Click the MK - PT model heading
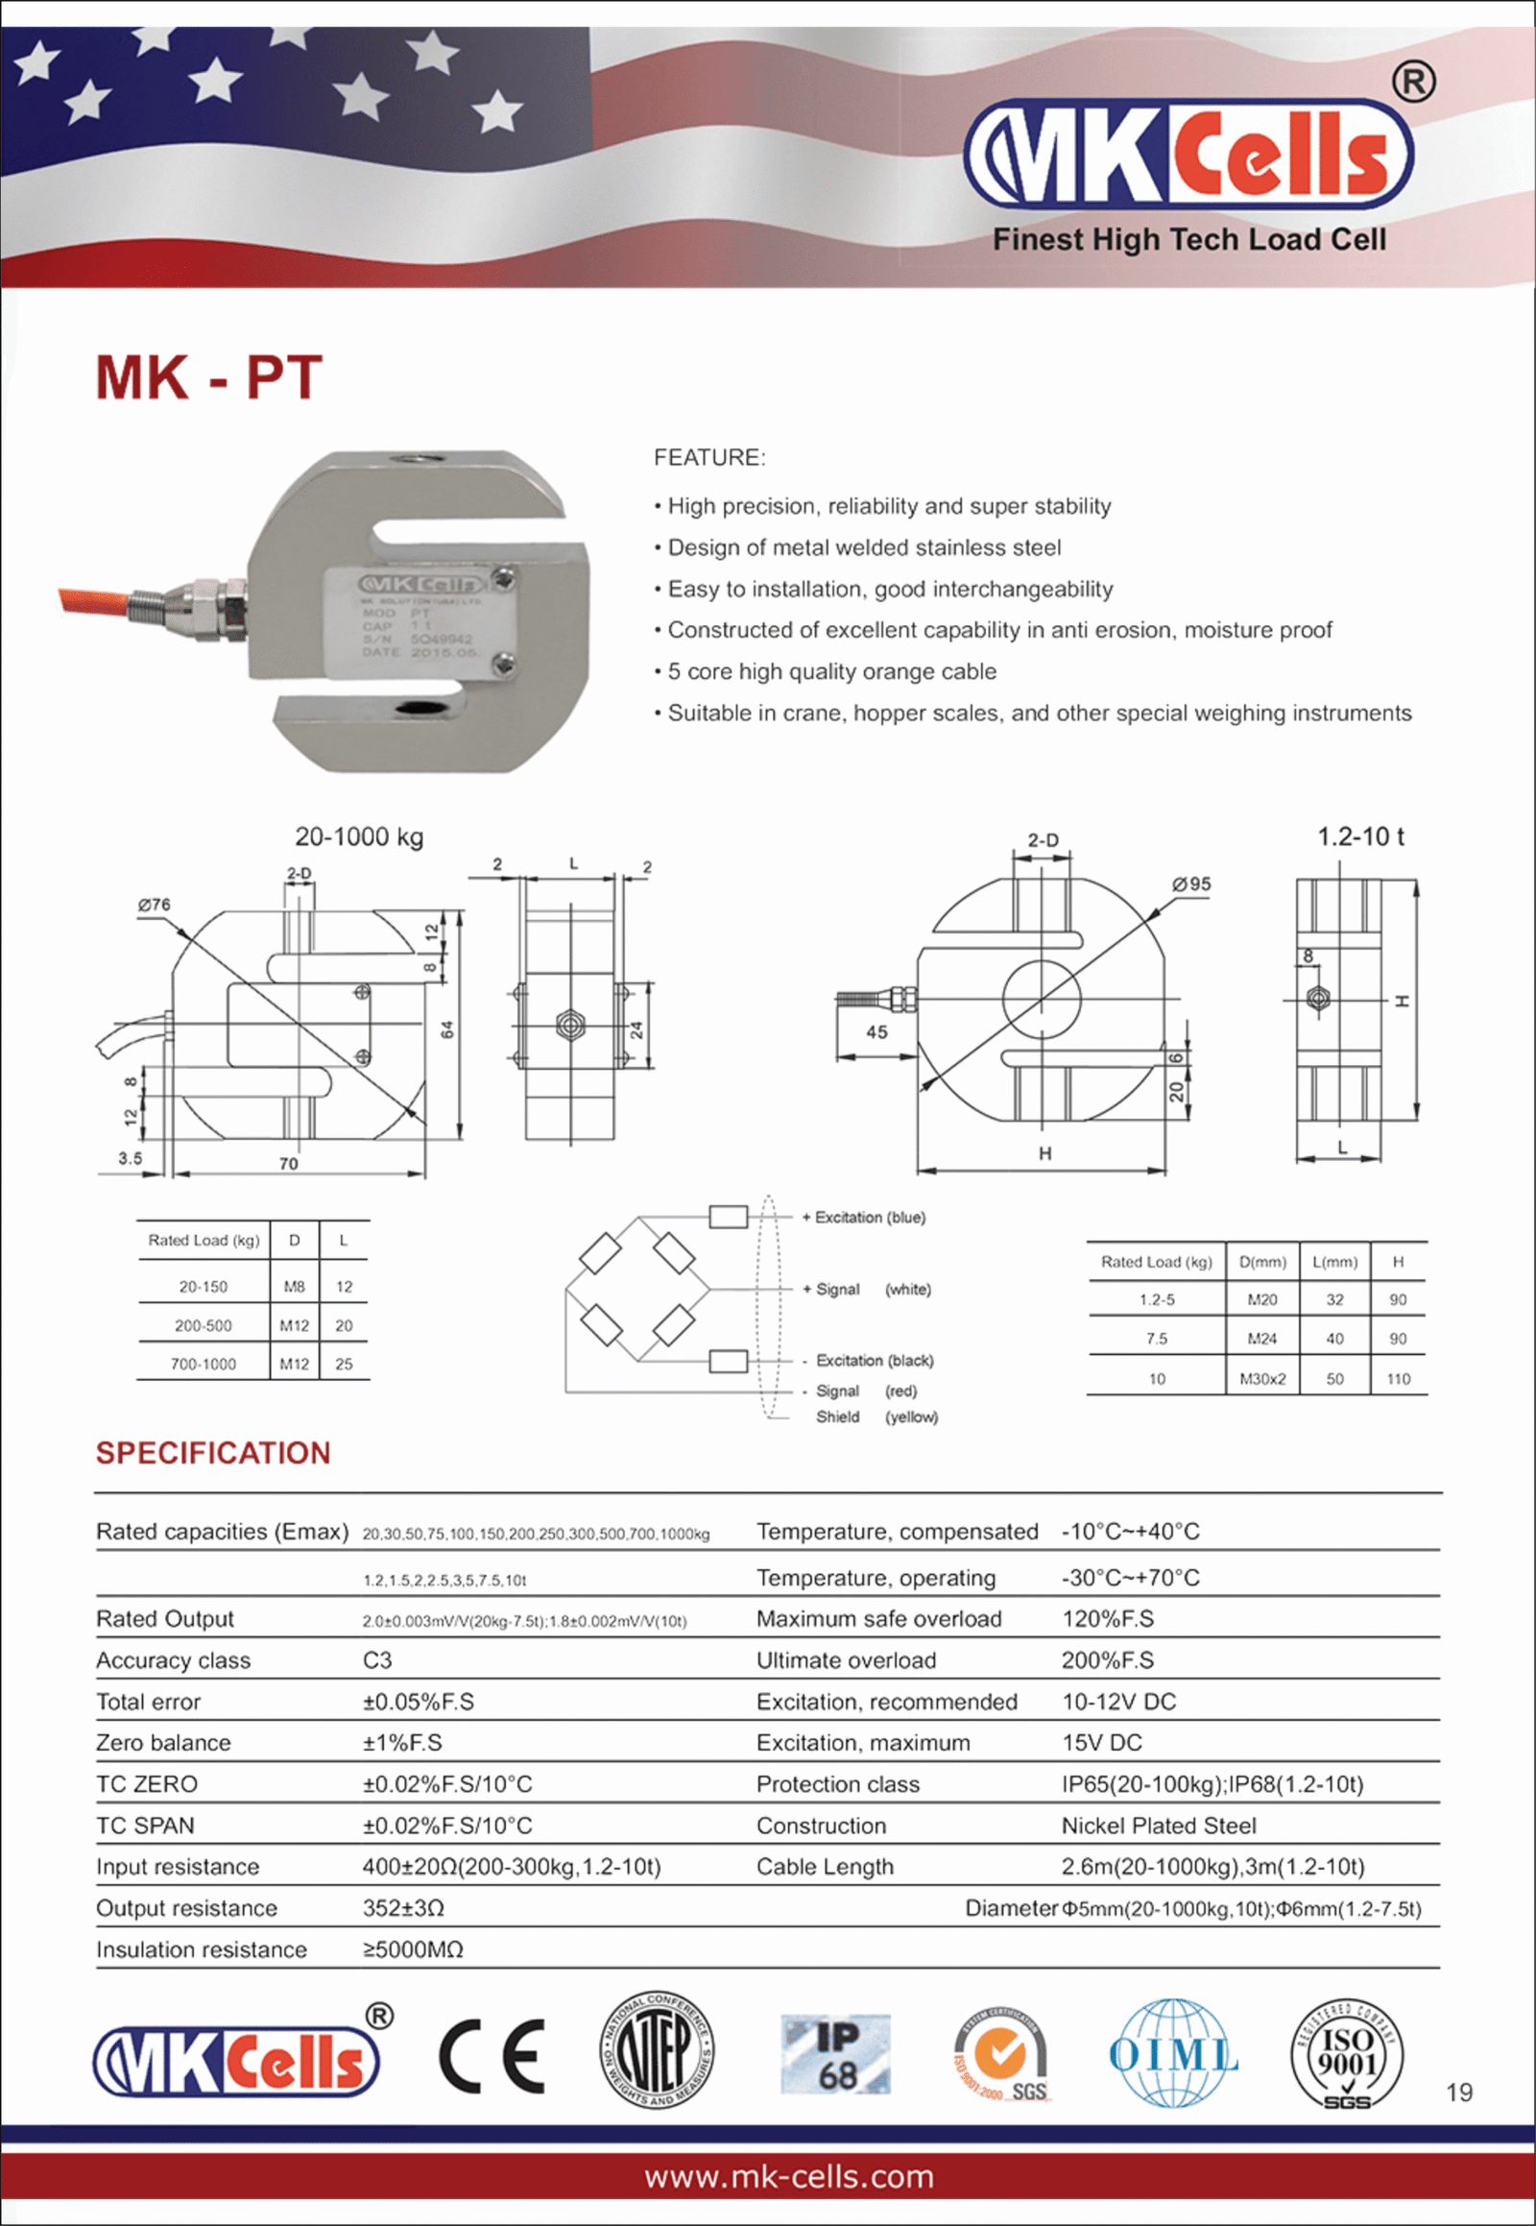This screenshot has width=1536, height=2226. pos(209,377)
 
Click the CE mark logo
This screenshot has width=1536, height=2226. pos(492,2057)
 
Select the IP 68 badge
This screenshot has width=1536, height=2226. pos(835,2055)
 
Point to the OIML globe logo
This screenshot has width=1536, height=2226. pos(1172,2054)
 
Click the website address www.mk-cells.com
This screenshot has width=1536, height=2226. pos(788,2177)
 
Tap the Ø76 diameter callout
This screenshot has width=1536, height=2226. pos(154,905)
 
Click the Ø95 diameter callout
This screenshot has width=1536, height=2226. pos(1191,883)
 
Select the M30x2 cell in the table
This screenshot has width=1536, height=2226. pos(1261,1379)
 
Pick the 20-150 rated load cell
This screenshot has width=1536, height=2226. pos(204,1286)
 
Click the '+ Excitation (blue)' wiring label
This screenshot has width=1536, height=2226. pos(863,1217)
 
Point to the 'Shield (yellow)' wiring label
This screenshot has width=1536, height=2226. pos(876,1416)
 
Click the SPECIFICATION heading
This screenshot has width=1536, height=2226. pos(213,1453)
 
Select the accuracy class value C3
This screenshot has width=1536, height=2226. pos(377,1659)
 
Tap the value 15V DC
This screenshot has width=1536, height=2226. pos(1101,1743)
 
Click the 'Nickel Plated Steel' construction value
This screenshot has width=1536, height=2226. pos(1159,1826)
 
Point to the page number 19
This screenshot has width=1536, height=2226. pos(1459,2093)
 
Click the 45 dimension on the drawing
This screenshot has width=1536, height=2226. pos(876,1032)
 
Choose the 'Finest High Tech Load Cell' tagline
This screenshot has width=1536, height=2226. pos(1189,240)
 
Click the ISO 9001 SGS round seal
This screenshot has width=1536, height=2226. pos(1347,2055)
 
